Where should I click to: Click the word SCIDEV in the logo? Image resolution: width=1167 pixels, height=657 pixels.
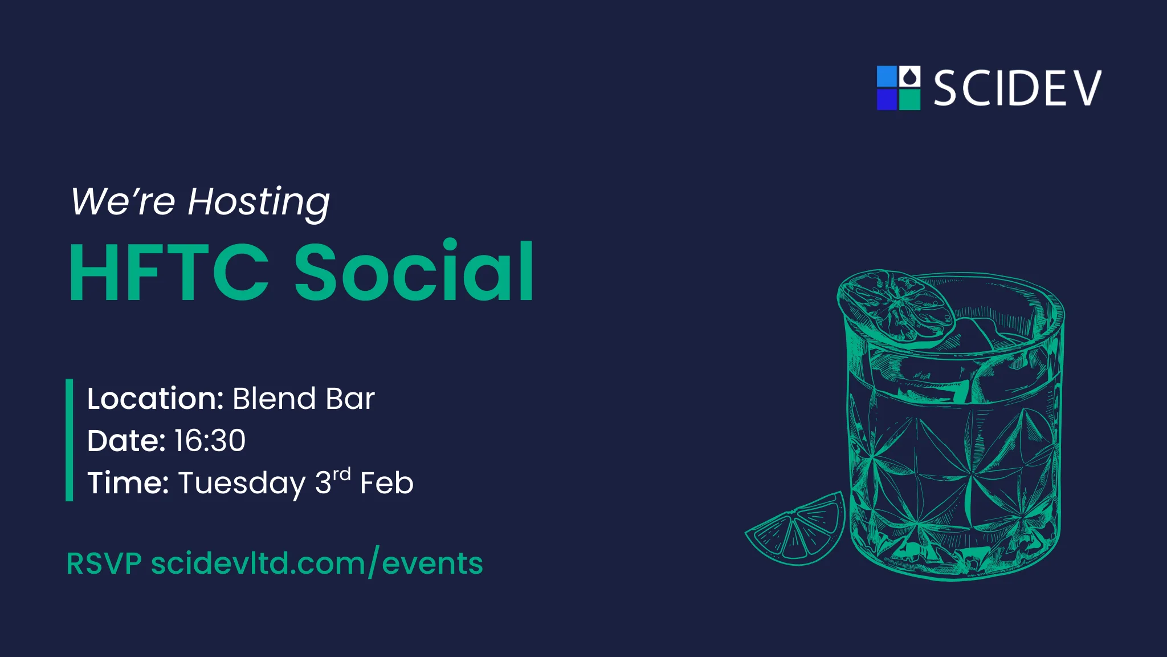point(1017,88)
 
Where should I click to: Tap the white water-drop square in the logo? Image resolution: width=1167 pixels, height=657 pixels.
point(909,76)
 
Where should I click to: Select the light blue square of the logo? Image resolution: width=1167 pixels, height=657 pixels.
point(887,76)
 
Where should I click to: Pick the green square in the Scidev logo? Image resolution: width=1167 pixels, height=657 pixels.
point(909,99)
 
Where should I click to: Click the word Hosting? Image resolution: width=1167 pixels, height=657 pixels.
point(259,202)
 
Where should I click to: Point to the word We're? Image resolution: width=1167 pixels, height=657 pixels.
point(123,202)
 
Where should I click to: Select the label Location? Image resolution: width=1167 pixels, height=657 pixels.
point(155,398)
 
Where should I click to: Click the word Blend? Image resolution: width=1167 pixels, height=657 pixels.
point(274,398)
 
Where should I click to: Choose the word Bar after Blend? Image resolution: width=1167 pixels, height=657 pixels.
point(350,398)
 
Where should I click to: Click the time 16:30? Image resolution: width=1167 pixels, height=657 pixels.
point(210,440)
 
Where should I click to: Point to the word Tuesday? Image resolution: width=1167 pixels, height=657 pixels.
point(242,484)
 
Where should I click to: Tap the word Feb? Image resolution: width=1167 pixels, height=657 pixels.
point(386,484)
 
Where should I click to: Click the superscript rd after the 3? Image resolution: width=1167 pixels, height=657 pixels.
point(341,474)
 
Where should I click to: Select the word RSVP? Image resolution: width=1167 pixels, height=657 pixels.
point(104,563)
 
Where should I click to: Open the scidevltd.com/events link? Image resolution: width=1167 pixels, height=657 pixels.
point(317,563)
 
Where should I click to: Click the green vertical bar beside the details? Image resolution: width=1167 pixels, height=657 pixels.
point(70,440)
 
